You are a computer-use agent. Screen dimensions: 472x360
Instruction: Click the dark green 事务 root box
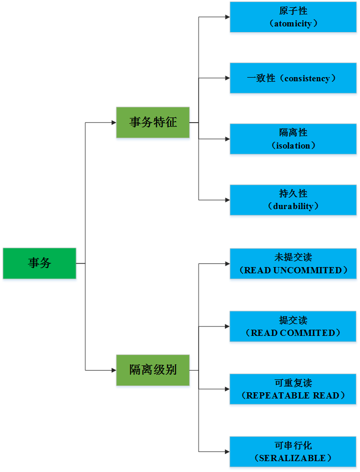(39, 263)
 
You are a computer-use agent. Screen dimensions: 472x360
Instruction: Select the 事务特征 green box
(153, 123)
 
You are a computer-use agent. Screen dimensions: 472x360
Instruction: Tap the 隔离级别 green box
(153, 370)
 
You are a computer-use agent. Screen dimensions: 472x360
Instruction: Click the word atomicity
(293, 24)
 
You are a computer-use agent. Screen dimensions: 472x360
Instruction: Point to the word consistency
(307, 79)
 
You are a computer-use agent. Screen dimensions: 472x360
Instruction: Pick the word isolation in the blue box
(293, 146)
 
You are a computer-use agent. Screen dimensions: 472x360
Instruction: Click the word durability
(293, 207)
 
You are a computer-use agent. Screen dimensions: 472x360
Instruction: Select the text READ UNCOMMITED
(293, 270)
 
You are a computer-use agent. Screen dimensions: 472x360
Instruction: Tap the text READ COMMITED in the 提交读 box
(293, 333)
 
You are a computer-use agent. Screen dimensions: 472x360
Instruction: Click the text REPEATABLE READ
(293, 396)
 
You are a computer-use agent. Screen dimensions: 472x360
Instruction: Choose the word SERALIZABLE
(293, 459)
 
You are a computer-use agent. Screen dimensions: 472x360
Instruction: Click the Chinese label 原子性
(293, 11)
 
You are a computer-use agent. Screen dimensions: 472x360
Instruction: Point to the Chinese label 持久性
(293, 194)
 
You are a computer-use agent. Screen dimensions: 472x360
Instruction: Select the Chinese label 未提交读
(293, 257)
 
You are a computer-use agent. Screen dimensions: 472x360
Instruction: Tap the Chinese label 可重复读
(293, 383)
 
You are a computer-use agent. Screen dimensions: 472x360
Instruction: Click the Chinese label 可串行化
(293, 446)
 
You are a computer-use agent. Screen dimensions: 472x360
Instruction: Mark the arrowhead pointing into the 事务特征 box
(113, 123)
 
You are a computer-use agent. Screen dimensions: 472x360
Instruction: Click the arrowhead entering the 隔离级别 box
(113, 370)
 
